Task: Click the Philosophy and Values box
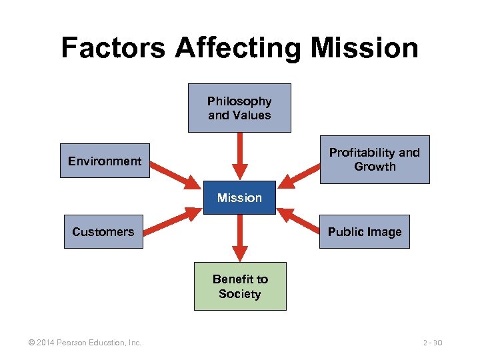pos(239,108)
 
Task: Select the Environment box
pos(105,161)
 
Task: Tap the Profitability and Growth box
pos(375,159)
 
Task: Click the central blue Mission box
pos(239,198)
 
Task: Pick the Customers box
pos(103,232)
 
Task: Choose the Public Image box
pos(364,232)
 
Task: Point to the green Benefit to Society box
pos(239,287)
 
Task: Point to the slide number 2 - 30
pos(433,343)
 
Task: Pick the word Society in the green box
pos(239,294)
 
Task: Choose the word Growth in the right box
pos(375,167)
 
